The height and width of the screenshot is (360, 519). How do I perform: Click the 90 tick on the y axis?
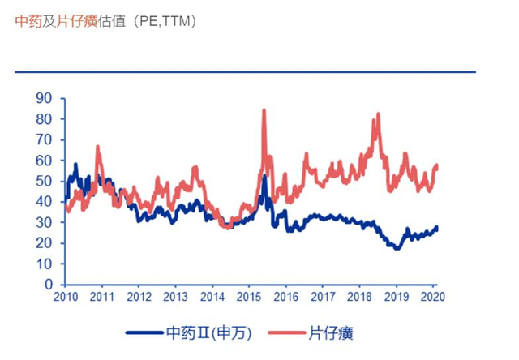45,98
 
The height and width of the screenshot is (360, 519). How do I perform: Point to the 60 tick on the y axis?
45,161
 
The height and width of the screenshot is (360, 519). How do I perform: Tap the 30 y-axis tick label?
45,222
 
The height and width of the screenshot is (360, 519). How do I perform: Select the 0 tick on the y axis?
49,285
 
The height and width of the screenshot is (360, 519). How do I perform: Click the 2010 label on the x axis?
66,298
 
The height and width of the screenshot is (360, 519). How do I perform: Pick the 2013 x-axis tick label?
176,298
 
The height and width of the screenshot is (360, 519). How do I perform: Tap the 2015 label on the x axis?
249,298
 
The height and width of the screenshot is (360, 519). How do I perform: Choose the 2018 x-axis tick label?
359,298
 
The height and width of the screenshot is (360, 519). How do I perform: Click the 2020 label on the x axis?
432,298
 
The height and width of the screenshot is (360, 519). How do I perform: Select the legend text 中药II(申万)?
211,332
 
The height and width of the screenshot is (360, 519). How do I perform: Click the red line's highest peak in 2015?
264,110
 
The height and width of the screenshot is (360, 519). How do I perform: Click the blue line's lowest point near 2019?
397,248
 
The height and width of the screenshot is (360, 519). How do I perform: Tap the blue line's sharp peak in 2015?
264,176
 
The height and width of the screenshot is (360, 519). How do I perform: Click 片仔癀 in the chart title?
76,22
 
